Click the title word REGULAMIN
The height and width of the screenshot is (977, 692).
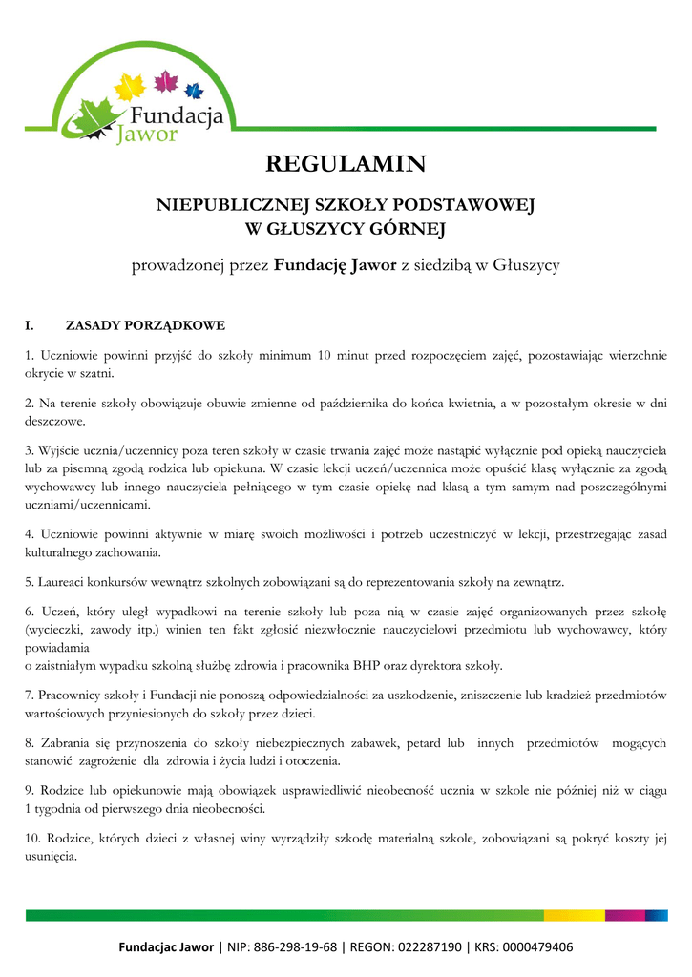coord(346,165)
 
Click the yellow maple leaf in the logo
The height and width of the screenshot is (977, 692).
coord(129,87)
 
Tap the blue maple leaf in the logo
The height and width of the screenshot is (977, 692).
coord(194,92)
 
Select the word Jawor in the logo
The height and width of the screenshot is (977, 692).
coord(146,134)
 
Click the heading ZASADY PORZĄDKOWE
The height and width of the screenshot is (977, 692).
coord(145,325)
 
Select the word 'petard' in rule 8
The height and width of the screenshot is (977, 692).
coord(437,743)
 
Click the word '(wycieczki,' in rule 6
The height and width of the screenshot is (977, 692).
coord(56,630)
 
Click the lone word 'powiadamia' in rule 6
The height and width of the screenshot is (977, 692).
coord(58,648)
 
